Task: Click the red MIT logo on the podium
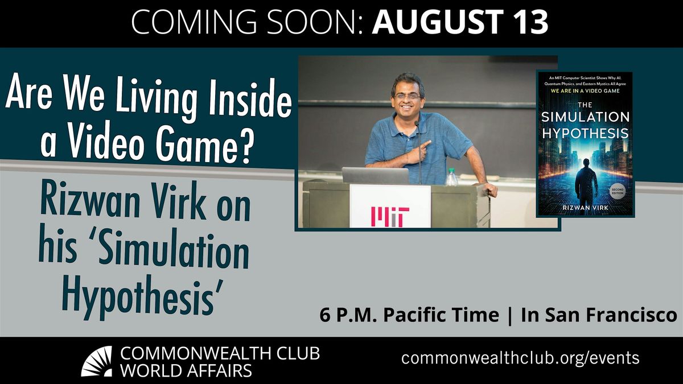(390, 217)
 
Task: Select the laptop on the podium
(375, 175)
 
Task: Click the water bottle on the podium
(451, 177)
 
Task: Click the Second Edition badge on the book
(618, 191)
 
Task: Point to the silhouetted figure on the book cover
(586, 180)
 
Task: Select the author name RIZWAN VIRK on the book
(586, 208)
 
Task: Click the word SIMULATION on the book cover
(586, 118)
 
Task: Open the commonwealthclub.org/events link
(520, 358)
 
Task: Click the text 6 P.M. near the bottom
(349, 315)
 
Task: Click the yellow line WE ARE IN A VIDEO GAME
(586, 90)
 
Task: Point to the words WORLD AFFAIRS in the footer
(186, 370)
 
